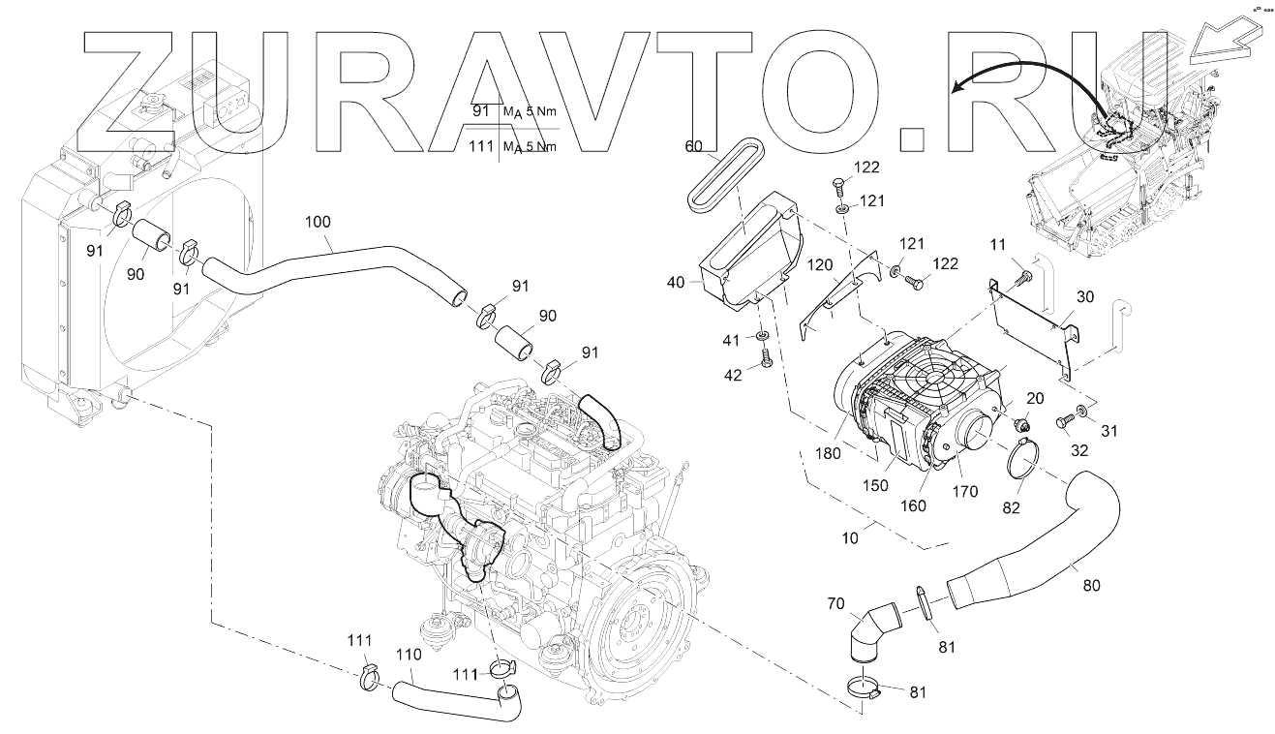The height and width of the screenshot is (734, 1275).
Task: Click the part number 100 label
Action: tap(317, 222)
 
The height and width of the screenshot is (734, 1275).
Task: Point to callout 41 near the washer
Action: tap(733, 340)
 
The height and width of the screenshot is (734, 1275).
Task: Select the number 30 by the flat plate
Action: tap(1085, 298)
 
